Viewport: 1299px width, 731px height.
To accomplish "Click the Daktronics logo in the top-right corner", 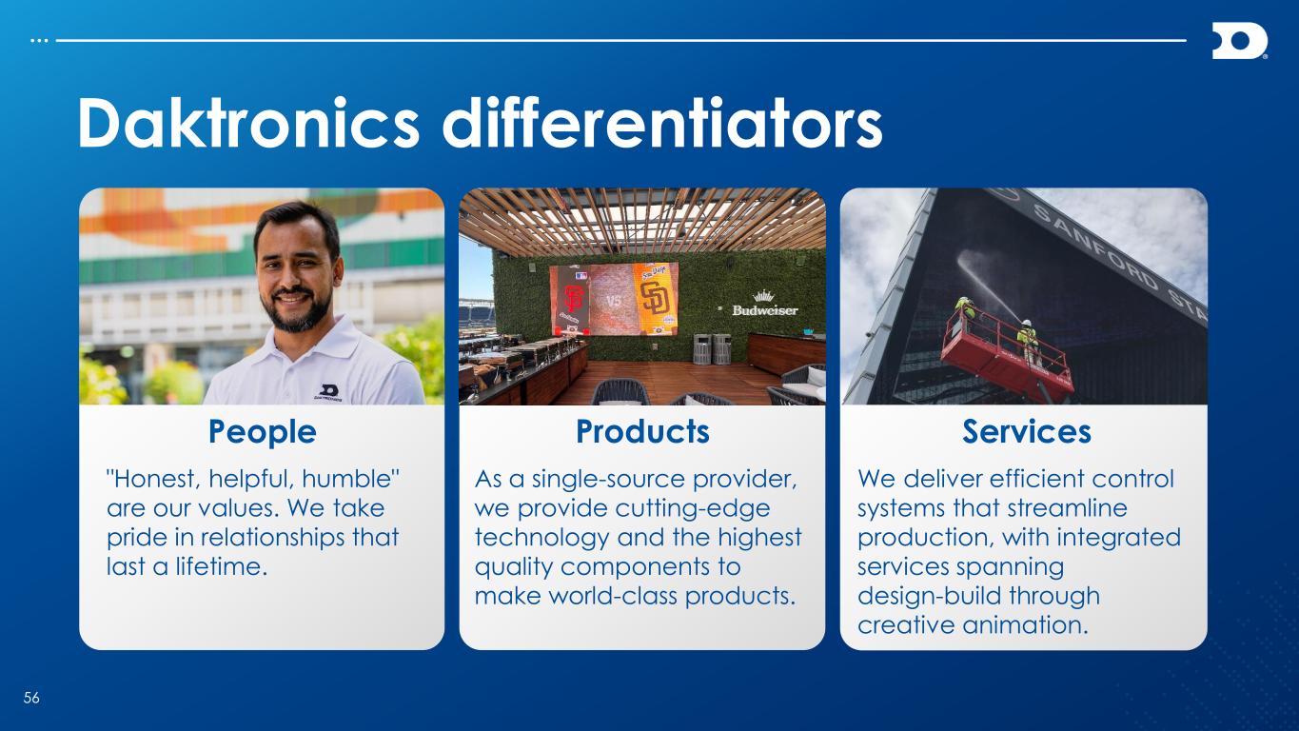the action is pos(1239,41).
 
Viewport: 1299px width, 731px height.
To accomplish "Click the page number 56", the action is pos(31,698).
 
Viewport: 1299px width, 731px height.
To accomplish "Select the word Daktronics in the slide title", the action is pos(248,124).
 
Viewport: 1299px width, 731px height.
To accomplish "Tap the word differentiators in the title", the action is pos(662,124).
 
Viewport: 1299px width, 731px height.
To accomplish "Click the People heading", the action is pos(262,432).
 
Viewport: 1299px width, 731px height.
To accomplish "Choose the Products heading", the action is pos(642,431).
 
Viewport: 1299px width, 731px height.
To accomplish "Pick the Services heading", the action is pos(1027,431).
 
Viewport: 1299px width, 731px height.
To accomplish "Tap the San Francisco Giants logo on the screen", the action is pos(572,300).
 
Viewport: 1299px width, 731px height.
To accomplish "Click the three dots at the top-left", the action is pos(39,41).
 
